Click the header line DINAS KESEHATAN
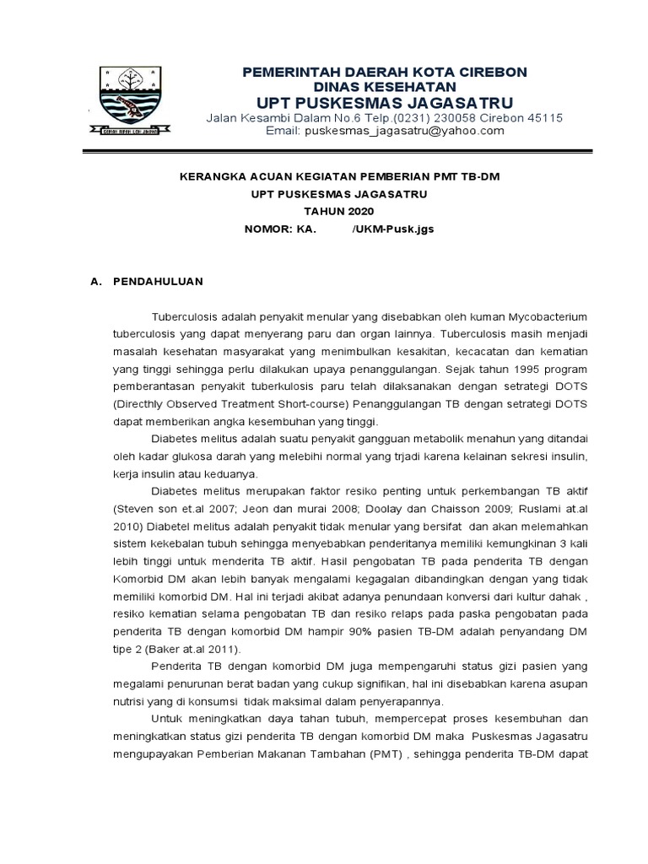click(x=385, y=87)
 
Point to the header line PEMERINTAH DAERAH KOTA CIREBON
click(x=385, y=73)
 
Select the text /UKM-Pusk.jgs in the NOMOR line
click(x=393, y=229)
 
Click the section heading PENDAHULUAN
click(x=158, y=280)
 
